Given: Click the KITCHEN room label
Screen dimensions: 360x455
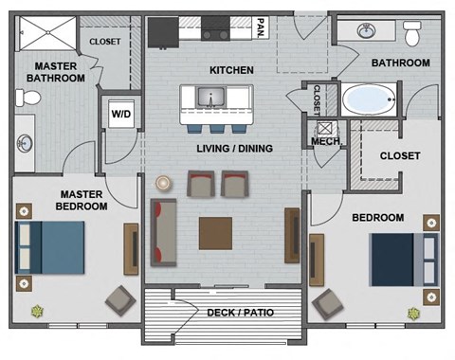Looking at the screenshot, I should point(230,71).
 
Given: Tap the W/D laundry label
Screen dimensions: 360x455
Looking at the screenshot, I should point(122,116).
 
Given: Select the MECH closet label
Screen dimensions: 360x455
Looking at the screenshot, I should point(326,143).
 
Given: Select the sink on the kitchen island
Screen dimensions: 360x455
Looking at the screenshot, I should point(209,96).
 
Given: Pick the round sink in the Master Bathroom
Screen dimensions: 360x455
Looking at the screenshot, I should point(24,145).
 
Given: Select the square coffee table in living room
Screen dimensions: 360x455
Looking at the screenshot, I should point(215,232).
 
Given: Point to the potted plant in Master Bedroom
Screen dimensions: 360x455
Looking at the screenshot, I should point(38,309).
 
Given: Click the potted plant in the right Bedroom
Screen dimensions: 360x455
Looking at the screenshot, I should point(414,312).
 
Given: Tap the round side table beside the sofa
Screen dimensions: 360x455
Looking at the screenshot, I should point(163,182).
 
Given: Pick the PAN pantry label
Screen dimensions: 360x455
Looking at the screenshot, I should point(259,27).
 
